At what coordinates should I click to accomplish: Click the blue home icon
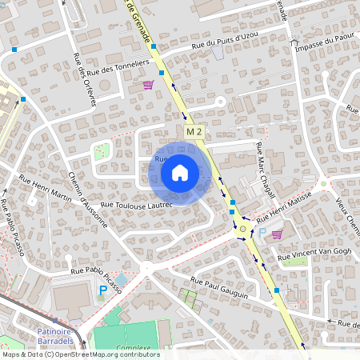180,173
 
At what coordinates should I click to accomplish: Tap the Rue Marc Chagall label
264,170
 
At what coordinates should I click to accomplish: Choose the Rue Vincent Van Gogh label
314,254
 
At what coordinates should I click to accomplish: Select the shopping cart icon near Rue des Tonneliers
148,84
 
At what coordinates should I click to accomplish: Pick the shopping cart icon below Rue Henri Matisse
278,234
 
